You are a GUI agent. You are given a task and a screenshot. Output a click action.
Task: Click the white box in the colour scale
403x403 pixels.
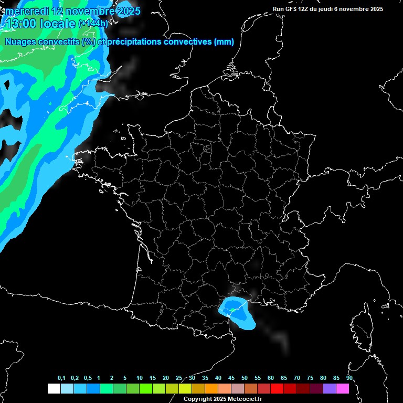tap(54, 388)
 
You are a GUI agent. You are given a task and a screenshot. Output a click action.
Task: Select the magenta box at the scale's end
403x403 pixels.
tap(343, 388)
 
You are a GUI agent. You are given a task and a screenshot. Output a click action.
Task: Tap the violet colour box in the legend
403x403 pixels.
tap(330, 388)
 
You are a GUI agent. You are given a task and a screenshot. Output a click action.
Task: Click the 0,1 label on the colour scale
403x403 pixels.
tap(61, 378)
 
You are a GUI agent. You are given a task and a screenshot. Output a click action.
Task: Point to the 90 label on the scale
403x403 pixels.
tap(349, 378)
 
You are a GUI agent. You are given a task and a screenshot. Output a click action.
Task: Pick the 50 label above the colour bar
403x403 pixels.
tap(245, 378)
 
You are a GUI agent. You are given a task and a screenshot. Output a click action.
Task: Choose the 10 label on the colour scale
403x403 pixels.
tap(140, 378)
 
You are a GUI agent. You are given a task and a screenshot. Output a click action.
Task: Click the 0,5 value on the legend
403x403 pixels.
tap(88, 378)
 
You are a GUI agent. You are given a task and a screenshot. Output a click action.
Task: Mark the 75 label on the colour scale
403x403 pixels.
tap(310, 378)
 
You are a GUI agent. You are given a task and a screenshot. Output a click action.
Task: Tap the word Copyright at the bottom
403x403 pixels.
tap(197, 399)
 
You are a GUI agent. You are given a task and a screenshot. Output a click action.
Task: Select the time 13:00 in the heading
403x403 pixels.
tap(21, 24)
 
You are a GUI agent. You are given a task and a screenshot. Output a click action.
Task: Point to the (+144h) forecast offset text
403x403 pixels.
tap(93, 24)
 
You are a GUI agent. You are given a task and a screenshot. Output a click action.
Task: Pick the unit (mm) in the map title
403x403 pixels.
tap(224, 42)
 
